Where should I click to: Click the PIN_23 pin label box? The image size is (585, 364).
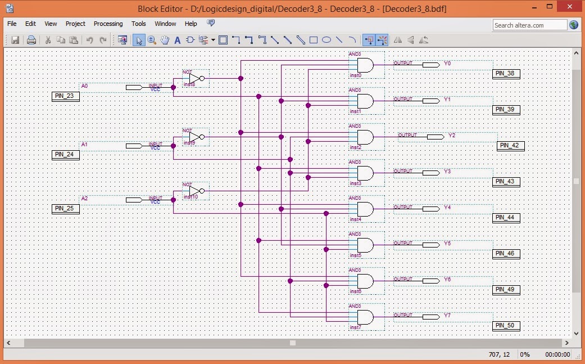[x=65, y=96]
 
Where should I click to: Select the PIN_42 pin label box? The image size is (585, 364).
[x=511, y=145]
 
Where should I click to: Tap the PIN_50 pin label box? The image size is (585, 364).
[x=506, y=326]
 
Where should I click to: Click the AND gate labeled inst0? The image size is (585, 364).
[x=365, y=65]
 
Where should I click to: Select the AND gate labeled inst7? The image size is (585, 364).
[x=365, y=317]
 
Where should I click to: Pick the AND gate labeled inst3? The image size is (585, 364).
[x=365, y=173]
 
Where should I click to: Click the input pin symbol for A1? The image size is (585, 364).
[x=134, y=146]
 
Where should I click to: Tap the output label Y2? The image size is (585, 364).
[x=452, y=136]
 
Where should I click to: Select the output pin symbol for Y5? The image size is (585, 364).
[x=431, y=245]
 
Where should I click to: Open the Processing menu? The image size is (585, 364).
[x=108, y=24]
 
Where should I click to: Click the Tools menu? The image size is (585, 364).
[x=139, y=24]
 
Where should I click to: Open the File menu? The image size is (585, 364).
[x=12, y=24]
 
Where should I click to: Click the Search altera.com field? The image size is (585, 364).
[x=529, y=25]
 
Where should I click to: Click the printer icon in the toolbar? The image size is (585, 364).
[x=31, y=40]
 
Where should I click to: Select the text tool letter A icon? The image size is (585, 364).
[x=178, y=40]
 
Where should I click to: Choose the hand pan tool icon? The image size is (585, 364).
[x=165, y=40]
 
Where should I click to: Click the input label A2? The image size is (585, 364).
[x=84, y=199]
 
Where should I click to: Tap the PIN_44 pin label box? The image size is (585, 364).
[x=506, y=218]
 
